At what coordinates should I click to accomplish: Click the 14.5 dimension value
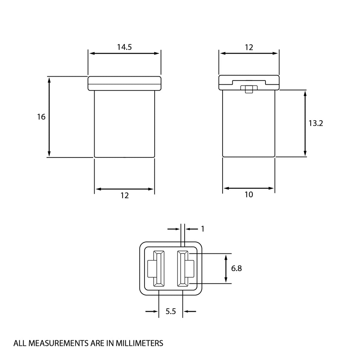124,47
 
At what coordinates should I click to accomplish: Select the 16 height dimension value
41,117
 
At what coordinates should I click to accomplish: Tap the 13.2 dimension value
316,123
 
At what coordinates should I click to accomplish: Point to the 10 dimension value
249,194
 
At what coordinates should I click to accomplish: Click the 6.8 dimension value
237,268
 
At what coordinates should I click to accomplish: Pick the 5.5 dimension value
171,311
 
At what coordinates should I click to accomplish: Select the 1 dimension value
202,229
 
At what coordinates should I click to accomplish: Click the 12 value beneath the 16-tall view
124,195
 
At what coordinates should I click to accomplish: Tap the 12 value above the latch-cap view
249,47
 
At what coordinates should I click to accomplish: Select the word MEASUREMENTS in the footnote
58,343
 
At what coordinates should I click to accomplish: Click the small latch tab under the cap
249,89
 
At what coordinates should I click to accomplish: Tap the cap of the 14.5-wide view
124,84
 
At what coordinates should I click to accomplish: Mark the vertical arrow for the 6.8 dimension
225,269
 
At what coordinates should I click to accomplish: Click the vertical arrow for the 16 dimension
49,117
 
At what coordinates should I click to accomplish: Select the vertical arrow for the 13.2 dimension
305,123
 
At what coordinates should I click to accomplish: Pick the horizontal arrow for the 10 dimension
249,188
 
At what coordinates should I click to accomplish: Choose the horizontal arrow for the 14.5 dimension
124,53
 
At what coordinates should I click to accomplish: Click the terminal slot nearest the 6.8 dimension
183,269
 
